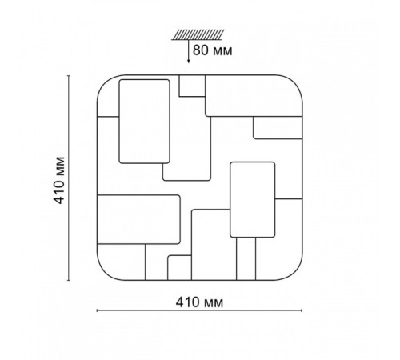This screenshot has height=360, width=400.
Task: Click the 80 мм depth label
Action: pos(212,50)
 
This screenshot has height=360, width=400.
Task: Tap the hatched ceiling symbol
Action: pos(198,34)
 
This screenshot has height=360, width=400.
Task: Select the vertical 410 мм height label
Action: pos(59,180)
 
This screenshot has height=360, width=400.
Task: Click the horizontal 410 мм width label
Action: pos(199,302)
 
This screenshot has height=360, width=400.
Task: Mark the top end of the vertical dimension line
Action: pos(69,76)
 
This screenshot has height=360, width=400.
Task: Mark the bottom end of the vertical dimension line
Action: pos(69,280)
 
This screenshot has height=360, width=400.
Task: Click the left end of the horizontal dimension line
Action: pos(97,310)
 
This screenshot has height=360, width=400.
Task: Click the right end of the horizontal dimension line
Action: pos(302,310)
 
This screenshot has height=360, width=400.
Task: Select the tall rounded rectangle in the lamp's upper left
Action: pos(144,122)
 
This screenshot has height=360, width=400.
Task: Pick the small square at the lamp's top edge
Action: pos(192,86)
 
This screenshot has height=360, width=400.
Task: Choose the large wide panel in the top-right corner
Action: pos(254,96)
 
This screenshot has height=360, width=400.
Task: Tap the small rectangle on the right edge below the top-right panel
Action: pos(278,128)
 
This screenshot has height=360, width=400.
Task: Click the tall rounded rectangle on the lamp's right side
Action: pos(252,199)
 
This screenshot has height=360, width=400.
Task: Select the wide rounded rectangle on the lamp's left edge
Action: pos(138,219)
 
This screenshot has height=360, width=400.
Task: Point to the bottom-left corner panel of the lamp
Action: pos(122,262)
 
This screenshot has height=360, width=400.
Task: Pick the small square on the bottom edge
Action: pos(179,268)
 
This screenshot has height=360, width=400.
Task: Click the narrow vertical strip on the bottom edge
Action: pos(246,258)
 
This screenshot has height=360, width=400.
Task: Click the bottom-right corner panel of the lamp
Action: pos(279,240)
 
